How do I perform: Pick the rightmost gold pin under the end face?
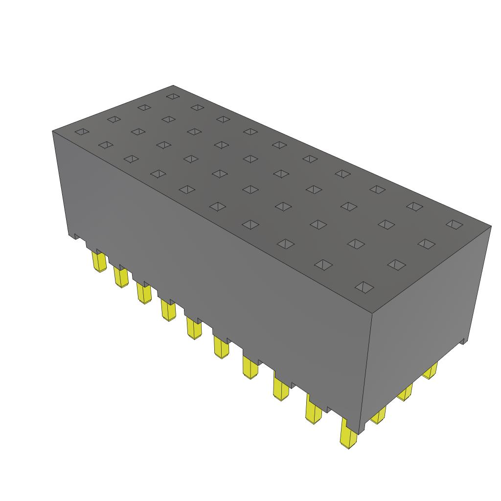pyautogui.click(x=430, y=372)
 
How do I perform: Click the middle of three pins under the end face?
pyautogui.click(x=404, y=392)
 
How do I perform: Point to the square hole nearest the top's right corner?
pyautogui.click(x=455, y=224)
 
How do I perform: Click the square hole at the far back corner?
pyautogui.click(x=172, y=96)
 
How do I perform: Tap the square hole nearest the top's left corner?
pyautogui.click(x=81, y=132)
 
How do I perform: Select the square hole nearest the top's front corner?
pyautogui.click(x=363, y=287)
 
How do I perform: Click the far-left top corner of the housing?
pyautogui.click(x=53, y=131)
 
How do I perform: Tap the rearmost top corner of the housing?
pyautogui.click(x=174, y=86)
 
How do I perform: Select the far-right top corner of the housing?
pyautogui.click(x=491, y=226)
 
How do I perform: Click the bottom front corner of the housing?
pyautogui.click(x=361, y=433)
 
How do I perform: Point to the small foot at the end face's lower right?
pyautogui.click(x=462, y=341)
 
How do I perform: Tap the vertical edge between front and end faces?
pyautogui.click(x=367, y=372)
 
